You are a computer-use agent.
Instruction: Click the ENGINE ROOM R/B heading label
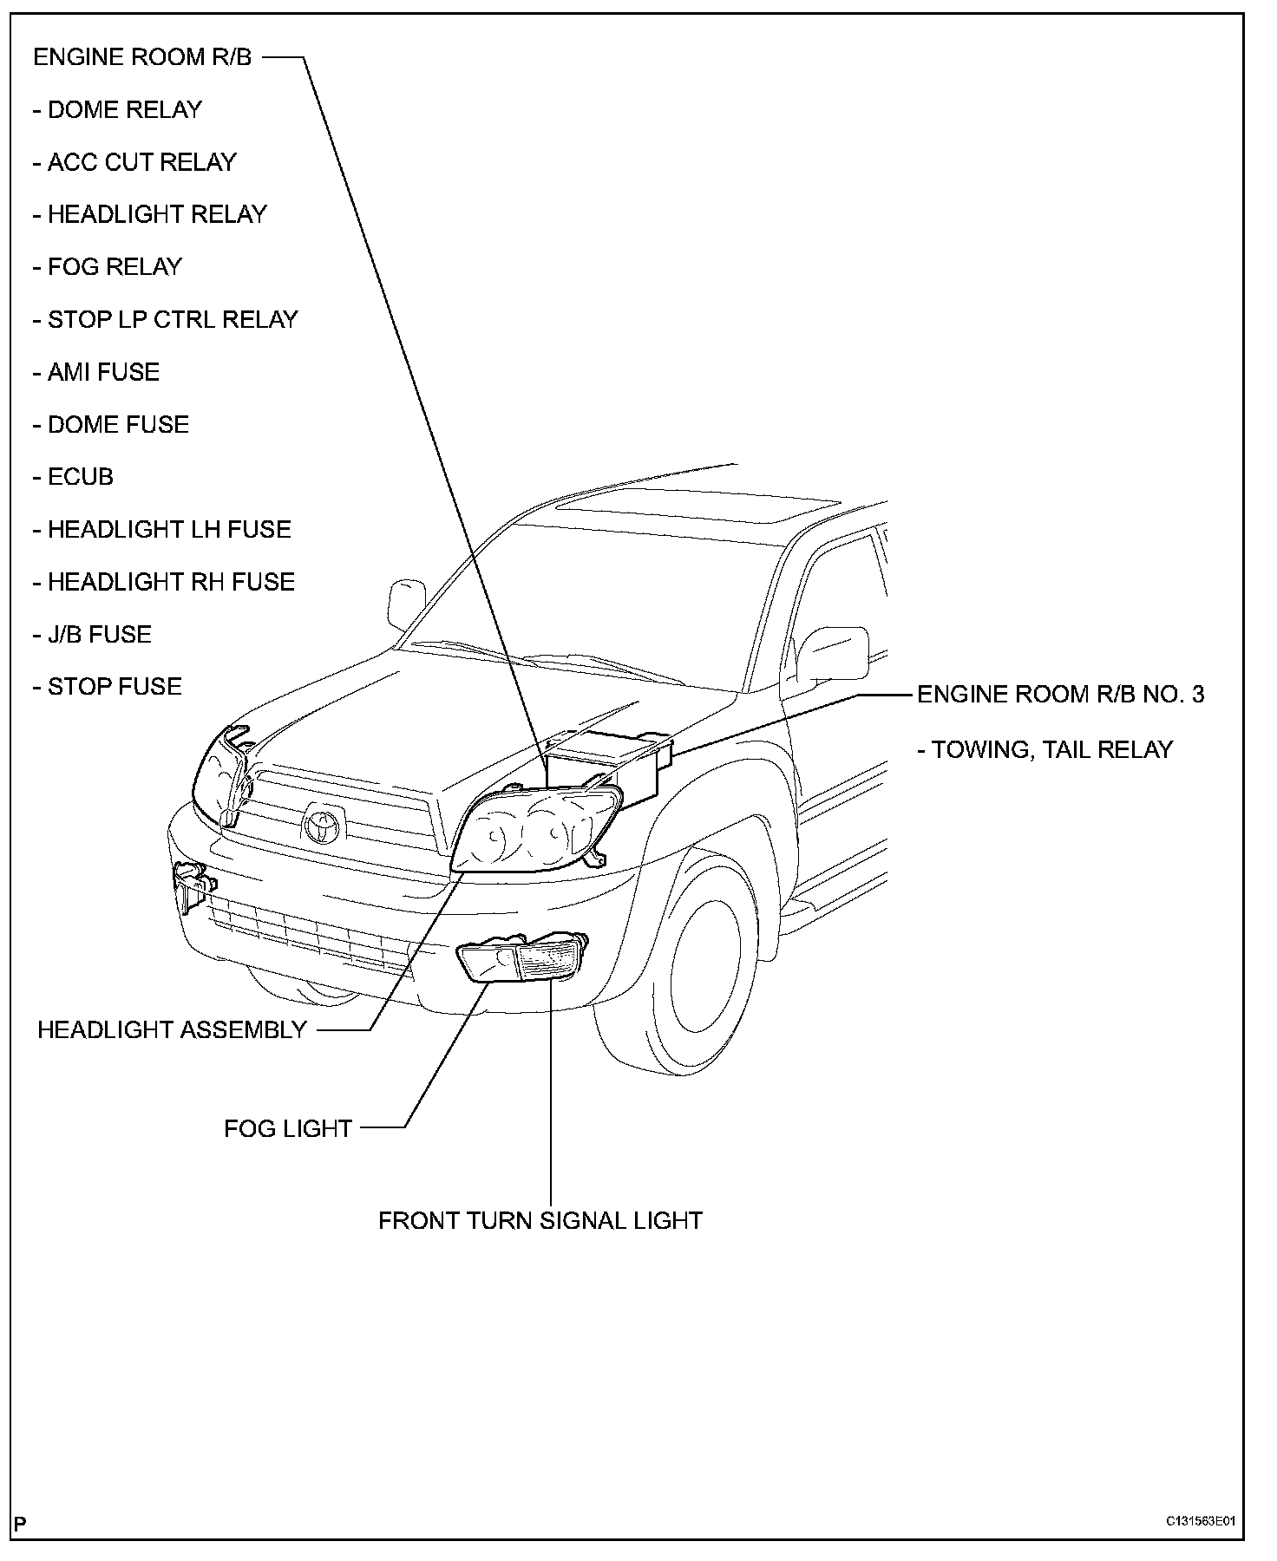pyautogui.click(x=142, y=57)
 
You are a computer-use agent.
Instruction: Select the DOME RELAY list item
pyautogui.click(x=118, y=110)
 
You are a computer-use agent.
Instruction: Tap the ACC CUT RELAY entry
pyautogui.click(x=135, y=162)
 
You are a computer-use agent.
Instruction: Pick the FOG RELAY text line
pyautogui.click(x=108, y=266)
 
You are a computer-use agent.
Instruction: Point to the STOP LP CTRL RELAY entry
pyautogui.click(x=166, y=319)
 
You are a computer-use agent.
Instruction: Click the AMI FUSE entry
pyautogui.click(x=97, y=372)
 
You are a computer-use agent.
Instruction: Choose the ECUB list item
pyautogui.click(x=74, y=477)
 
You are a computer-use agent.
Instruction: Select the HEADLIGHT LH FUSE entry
pyautogui.click(x=162, y=529)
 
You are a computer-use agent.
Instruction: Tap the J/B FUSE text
pyautogui.click(x=93, y=634)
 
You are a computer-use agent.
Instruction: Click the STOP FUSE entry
pyautogui.click(x=108, y=687)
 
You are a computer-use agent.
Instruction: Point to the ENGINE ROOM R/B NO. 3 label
pyautogui.click(x=1060, y=695)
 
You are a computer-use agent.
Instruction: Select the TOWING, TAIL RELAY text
pyautogui.click(x=1045, y=749)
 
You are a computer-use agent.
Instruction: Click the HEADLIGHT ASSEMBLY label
pyautogui.click(x=173, y=1030)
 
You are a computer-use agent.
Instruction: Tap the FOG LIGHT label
pyautogui.click(x=288, y=1128)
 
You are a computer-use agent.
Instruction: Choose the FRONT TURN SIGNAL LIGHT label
pyautogui.click(x=540, y=1220)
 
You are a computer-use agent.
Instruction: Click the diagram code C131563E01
pyautogui.click(x=1200, y=1521)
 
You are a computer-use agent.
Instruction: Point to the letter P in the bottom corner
pyautogui.click(x=21, y=1523)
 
